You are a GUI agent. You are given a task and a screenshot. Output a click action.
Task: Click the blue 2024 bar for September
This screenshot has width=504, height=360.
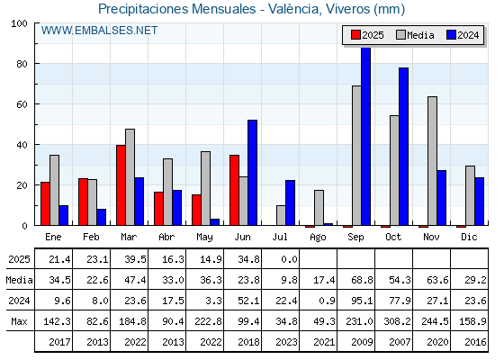[365, 136]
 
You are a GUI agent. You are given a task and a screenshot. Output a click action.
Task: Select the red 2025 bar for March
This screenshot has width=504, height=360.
[121, 185]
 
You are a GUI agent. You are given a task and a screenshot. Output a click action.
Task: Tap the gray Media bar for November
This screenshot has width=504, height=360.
[432, 161]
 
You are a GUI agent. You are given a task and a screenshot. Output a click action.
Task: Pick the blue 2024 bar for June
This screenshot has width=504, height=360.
[252, 173]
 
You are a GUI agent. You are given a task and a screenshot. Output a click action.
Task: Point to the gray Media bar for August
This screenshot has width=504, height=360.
[319, 208]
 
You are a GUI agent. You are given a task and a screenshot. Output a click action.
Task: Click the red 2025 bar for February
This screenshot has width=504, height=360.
[83, 202]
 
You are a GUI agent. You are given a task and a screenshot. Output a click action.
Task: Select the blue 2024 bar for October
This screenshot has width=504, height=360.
[404, 147]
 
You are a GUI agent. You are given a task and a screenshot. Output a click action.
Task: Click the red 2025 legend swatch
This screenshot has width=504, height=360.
[355, 35]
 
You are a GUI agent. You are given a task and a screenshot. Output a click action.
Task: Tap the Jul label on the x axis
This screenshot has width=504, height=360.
[280, 237]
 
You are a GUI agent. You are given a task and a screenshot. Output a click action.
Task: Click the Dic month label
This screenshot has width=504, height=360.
[469, 237]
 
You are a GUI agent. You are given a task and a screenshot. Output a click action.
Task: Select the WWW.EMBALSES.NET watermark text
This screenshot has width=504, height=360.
[99, 31]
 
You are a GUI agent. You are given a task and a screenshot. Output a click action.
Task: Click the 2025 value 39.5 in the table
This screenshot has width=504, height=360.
[135, 259]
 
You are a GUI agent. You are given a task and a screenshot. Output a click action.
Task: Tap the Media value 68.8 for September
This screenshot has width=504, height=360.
[362, 280]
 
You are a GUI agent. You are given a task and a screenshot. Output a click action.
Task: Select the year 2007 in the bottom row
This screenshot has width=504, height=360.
[400, 342]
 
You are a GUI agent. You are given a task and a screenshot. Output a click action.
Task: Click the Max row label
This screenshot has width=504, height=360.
[19, 321]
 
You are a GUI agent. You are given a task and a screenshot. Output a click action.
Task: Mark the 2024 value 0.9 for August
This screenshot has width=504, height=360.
[327, 301]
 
